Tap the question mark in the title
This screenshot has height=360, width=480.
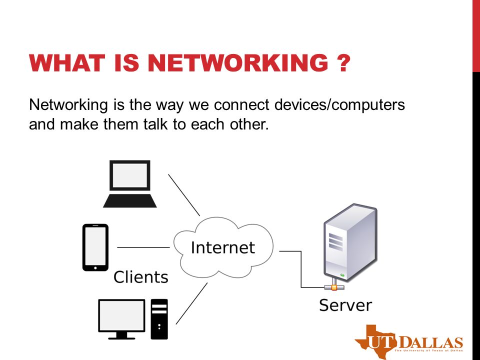coord(341,65)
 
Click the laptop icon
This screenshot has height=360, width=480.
coord(130,184)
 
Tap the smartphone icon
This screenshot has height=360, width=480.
coord(95,247)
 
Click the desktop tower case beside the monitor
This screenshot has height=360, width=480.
coord(159,318)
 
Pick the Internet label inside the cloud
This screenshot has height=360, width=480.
coord(223,247)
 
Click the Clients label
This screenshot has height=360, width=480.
coord(141,276)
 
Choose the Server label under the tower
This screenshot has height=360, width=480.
coord(345,305)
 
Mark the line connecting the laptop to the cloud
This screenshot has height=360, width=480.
coord(183,194)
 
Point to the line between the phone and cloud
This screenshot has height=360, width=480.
coord(143,247)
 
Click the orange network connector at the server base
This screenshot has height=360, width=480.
coord(331,287)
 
